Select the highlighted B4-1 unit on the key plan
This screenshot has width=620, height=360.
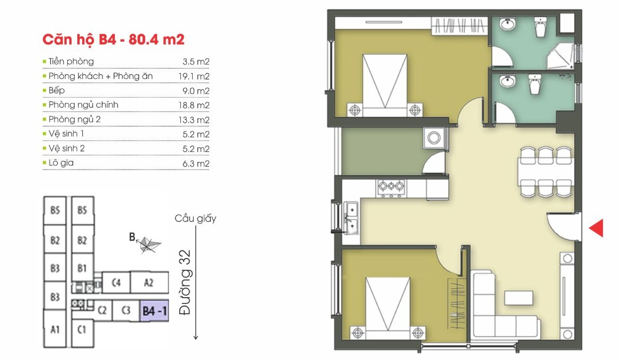154,310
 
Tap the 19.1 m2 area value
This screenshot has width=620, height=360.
194,76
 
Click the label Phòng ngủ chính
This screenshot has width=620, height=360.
83,105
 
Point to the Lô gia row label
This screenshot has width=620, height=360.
61,163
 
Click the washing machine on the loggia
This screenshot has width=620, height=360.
434,138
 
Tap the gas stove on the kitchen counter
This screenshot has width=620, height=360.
391,188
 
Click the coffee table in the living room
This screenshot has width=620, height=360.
519,298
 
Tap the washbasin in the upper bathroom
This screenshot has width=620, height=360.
507,24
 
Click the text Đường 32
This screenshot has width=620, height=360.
185,282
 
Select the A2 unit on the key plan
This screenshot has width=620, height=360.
149,282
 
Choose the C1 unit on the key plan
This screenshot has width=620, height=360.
82,329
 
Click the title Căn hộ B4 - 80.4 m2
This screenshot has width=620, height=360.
114,39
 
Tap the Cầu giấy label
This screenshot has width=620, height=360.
195,219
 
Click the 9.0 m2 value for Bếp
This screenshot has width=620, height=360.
196,91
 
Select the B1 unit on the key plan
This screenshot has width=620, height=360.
82,268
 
